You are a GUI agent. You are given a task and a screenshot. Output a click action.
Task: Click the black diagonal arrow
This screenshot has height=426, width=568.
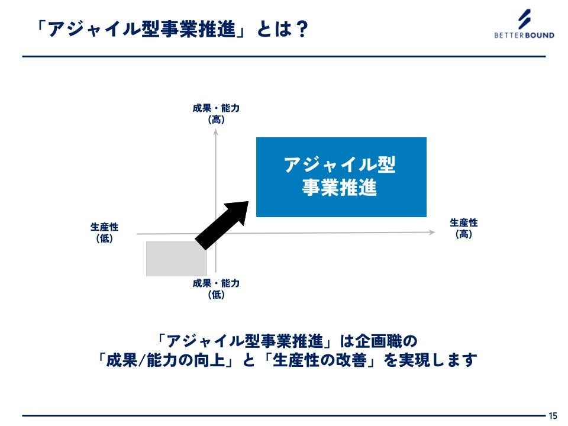pyautogui.click(x=222, y=225)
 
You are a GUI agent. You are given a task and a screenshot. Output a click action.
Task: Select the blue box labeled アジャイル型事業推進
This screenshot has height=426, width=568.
pyautogui.click(x=341, y=177)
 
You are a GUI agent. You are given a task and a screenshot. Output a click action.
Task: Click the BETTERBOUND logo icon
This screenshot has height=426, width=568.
pyautogui.click(x=524, y=20)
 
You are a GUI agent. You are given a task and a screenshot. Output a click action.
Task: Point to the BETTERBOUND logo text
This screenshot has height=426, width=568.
pyautogui.click(x=524, y=35)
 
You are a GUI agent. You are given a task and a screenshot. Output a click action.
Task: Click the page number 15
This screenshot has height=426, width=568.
pyautogui.click(x=553, y=415)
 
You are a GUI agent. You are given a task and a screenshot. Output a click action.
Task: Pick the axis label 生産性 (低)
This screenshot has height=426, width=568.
pyautogui.click(x=104, y=233)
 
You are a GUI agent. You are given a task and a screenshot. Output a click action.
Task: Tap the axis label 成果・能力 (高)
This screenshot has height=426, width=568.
pyautogui.click(x=216, y=114)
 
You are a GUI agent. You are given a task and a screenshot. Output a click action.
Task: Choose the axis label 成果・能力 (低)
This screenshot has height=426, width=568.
pyautogui.click(x=216, y=288)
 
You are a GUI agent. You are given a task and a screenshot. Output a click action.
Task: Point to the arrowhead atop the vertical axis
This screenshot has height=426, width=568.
pyautogui.click(x=217, y=133)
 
